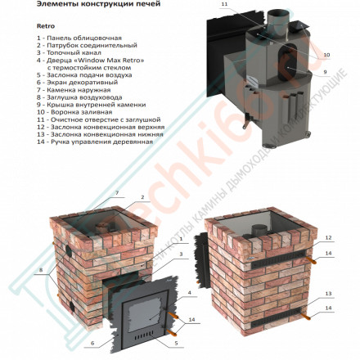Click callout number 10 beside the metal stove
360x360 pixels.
[326, 55]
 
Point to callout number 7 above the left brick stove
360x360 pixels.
[117, 192]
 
